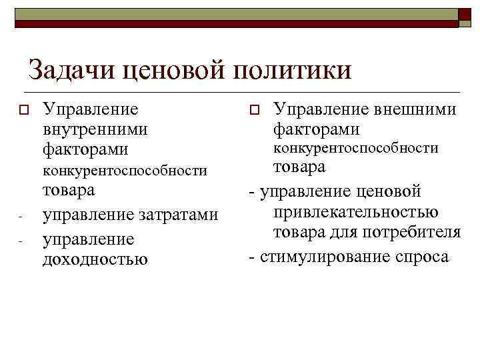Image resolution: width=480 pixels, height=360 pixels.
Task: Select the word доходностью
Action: click(x=95, y=258)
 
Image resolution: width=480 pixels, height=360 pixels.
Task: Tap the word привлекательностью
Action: click(x=355, y=212)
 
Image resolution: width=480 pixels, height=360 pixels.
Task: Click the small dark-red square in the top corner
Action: click(x=465, y=15)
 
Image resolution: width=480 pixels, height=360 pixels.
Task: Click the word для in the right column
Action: click(x=347, y=232)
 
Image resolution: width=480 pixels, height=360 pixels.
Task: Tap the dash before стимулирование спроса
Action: click(x=251, y=256)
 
